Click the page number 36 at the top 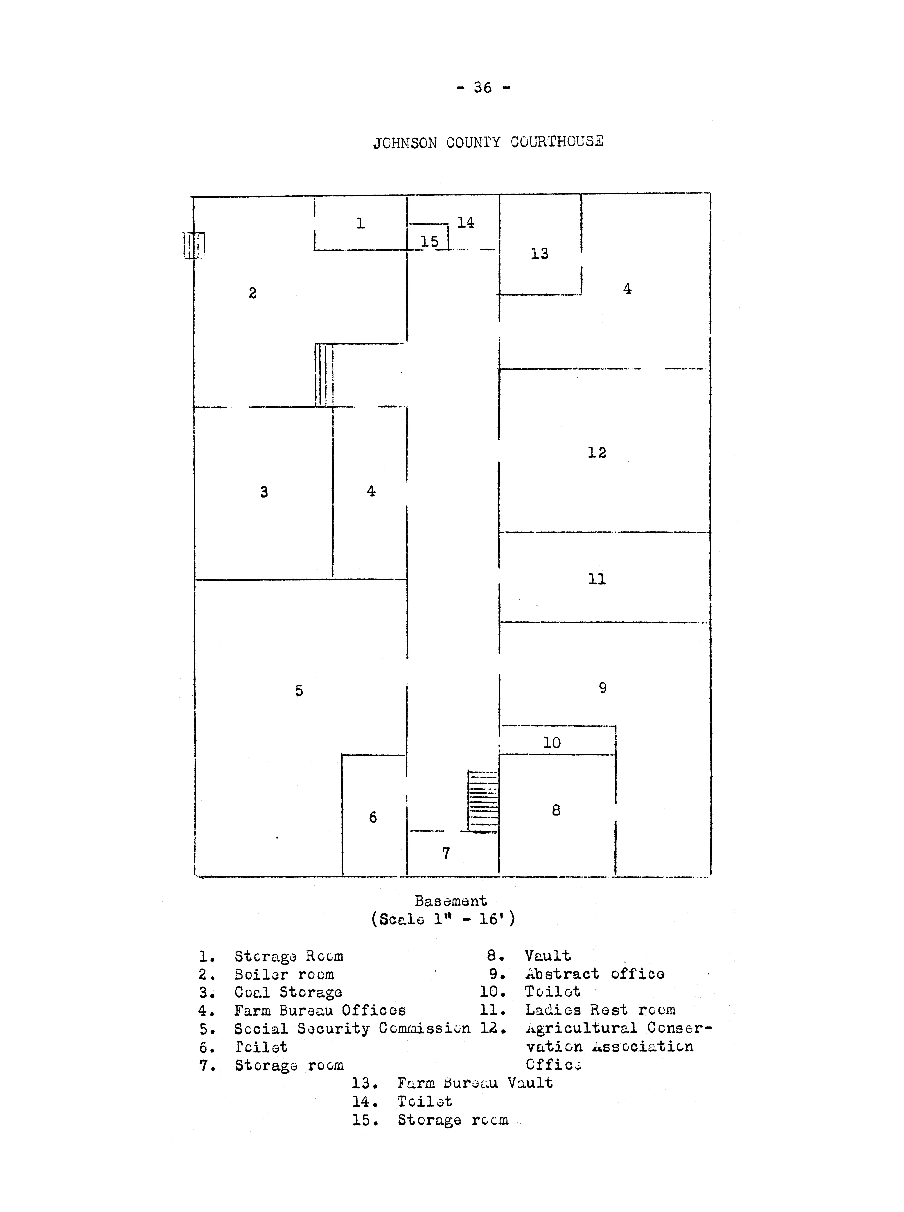[x=483, y=88]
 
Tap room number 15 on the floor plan [x=430, y=242]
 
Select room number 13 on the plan [x=540, y=254]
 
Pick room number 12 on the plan [x=597, y=453]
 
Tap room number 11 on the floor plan [x=597, y=579]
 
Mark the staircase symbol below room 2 [x=324, y=375]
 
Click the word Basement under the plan [x=450, y=901]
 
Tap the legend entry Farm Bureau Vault [x=474, y=1083]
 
